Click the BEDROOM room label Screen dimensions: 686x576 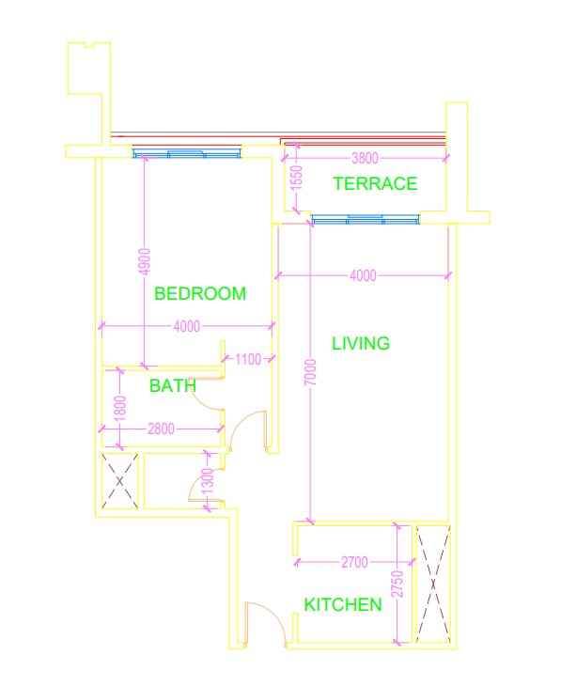coord(200,293)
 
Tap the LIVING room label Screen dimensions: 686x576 coord(361,344)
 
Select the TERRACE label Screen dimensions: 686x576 coord(375,184)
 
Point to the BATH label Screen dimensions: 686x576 coord(173,385)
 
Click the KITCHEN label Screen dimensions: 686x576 coord(343,604)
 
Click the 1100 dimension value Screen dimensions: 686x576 coord(248,358)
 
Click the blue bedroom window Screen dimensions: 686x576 coord(185,154)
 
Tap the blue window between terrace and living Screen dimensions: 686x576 coord(366,220)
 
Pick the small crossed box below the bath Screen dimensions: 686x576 coord(120,480)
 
